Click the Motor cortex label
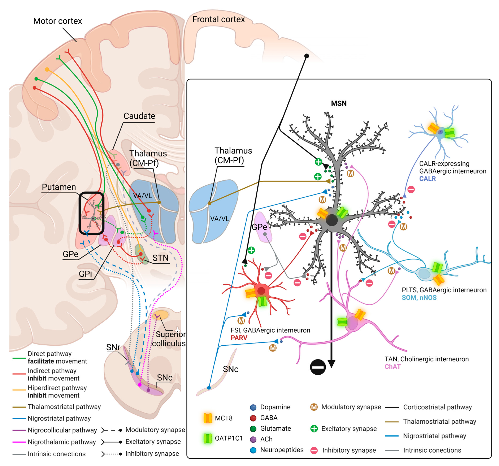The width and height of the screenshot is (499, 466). pyautogui.click(x=58, y=21)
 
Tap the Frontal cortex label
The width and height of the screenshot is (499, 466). pyautogui.click(x=218, y=19)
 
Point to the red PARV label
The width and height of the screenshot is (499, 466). pyautogui.click(x=239, y=338)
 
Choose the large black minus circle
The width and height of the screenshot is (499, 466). pyautogui.click(x=318, y=367)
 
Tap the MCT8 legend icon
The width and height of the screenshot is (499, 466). pyautogui.click(x=208, y=418)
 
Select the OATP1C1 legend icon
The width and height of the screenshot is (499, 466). pyautogui.click(x=208, y=438)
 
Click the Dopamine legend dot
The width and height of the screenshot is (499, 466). pyautogui.click(x=253, y=407)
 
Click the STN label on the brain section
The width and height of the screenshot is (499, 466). pyautogui.click(x=160, y=258)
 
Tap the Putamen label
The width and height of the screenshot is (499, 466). pyautogui.click(x=59, y=187)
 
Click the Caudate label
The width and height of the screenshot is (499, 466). pyautogui.click(x=139, y=116)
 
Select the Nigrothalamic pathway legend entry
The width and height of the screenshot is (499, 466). pyautogui.click(x=62, y=442)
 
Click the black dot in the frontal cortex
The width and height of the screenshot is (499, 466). pyautogui.click(x=307, y=56)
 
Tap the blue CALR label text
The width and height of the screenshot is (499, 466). pyautogui.click(x=427, y=179)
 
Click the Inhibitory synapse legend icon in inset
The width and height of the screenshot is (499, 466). pyautogui.click(x=314, y=450)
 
